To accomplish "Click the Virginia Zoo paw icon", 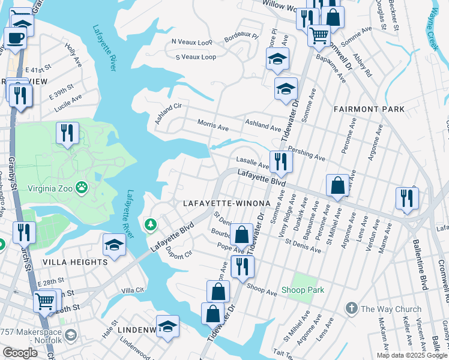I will (82, 187).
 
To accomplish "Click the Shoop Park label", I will (303, 290).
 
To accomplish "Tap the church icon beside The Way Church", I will (351, 308).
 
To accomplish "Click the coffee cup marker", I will (16, 38).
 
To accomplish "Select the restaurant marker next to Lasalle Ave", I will (280, 161).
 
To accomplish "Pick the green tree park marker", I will (150, 225).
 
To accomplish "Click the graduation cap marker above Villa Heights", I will (113, 245).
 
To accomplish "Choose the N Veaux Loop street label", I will (192, 42).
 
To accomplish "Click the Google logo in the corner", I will (20, 353).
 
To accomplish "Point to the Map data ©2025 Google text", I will (411, 355).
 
